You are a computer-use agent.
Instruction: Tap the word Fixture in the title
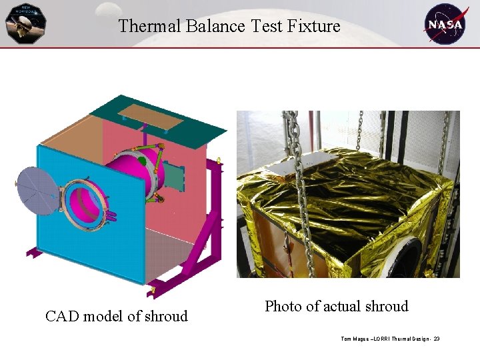[314, 27]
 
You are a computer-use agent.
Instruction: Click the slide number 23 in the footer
[436, 339]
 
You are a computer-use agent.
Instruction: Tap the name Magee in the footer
[362, 339]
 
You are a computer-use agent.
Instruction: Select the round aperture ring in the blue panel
[86, 201]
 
